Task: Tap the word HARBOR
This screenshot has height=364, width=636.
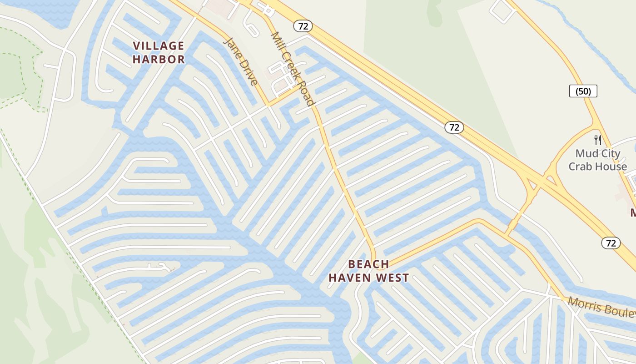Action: click(x=159, y=59)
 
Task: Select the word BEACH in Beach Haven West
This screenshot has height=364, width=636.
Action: click(x=368, y=264)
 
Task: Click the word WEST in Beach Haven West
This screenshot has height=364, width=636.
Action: click(x=393, y=278)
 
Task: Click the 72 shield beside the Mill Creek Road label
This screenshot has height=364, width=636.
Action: click(x=303, y=26)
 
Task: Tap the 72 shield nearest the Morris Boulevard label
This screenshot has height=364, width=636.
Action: click(x=611, y=243)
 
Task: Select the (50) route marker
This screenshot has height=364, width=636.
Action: click(x=583, y=91)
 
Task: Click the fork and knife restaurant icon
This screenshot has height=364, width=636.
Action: click(x=597, y=140)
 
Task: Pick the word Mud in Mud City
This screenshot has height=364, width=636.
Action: click(x=586, y=154)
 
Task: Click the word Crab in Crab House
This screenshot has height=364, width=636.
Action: click(x=581, y=167)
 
